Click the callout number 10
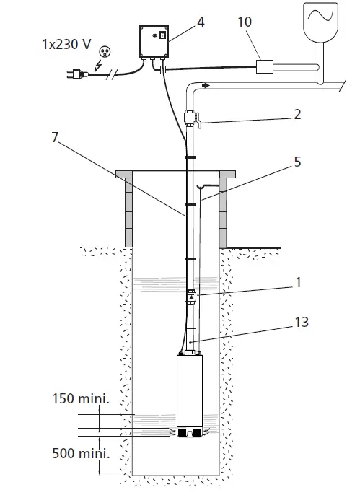point(245,22)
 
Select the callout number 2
point(298,114)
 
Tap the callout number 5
point(298,162)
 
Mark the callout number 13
point(302,323)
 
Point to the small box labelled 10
point(265,67)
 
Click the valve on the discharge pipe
point(193,116)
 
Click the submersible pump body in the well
point(192,393)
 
